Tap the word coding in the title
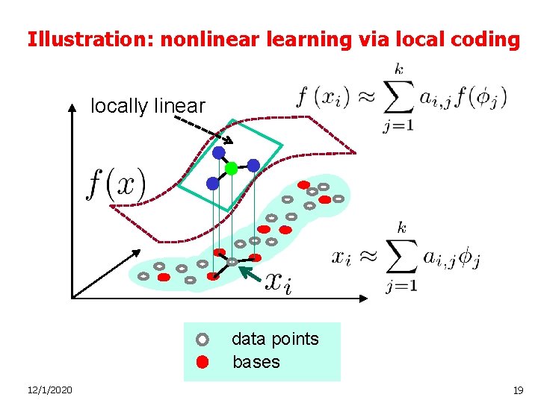coord(489,39)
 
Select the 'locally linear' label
coord(147,106)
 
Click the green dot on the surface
coord(232,168)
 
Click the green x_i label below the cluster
coord(279,281)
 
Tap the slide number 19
coord(518,390)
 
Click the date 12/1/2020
coord(49,390)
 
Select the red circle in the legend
coord(202,363)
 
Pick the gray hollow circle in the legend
coord(202,340)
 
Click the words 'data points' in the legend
coord(275,339)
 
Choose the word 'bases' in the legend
coord(256,363)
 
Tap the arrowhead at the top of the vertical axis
coord(72,108)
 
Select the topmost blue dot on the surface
coord(219,153)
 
